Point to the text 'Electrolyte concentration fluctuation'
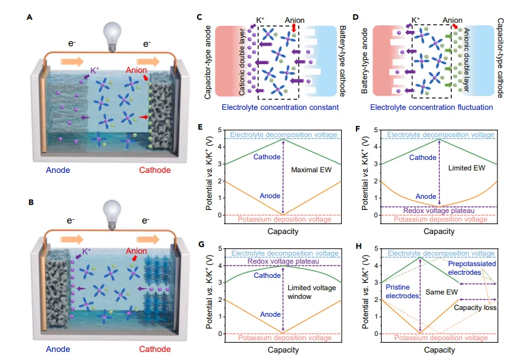(x=431, y=107)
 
